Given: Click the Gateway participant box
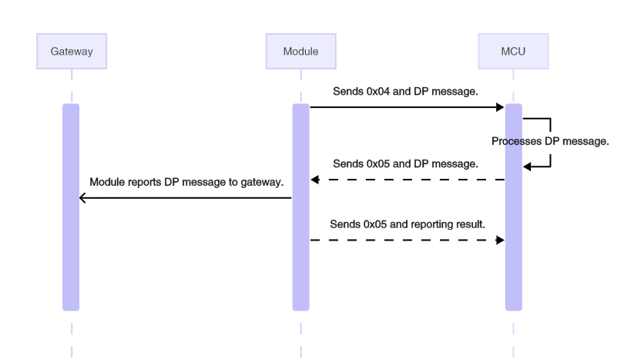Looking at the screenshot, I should click(72, 52).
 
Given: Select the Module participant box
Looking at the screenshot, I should click(300, 52).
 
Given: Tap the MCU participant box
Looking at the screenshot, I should click(513, 52).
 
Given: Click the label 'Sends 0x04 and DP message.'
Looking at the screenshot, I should click(405, 91).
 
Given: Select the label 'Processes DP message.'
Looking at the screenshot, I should click(551, 141).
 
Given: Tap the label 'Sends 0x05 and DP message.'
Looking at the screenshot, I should click(405, 163).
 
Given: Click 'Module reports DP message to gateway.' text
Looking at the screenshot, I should click(186, 183).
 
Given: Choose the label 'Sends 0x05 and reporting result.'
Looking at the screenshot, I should click(407, 224).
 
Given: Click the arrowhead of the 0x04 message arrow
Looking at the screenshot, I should click(501, 107).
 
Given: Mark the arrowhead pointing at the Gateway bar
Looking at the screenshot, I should click(82, 198).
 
